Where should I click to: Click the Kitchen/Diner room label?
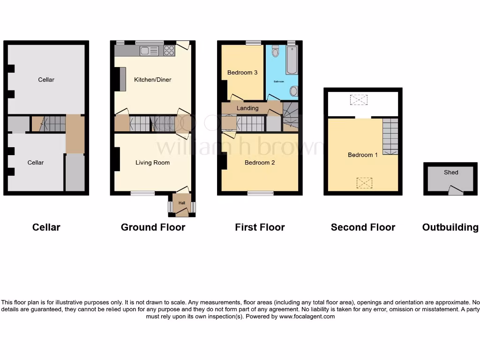click(152, 80)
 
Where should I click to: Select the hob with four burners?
click(169, 51)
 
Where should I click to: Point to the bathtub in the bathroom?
click(292, 60)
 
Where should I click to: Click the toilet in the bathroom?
click(275, 51)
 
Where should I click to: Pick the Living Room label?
click(152, 163)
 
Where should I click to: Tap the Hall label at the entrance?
click(181, 203)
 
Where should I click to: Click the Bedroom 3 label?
click(242, 73)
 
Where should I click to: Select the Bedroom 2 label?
click(260, 163)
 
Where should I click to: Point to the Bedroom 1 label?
click(363, 155)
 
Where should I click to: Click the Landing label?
click(247, 108)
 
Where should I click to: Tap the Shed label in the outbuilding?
click(451, 172)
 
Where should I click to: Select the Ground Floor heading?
click(153, 227)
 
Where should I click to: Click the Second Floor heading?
click(363, 227)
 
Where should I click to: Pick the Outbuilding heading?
click(450, 227)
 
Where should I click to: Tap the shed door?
click(455, 190)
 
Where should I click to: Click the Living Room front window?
click(142, 193)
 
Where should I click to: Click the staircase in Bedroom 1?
click(390, 136)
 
